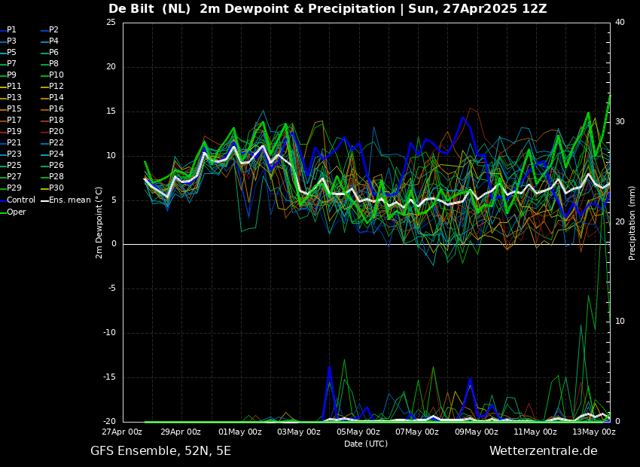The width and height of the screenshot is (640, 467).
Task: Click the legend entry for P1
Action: [11, 30]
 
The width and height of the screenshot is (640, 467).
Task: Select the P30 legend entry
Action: [56, 188]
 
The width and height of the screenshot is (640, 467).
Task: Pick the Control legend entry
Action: [21, 200]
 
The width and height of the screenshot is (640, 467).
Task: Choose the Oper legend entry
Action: [17, 212]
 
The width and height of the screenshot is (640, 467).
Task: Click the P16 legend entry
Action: [56, 109]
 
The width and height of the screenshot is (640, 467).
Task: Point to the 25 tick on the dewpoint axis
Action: [111, 23]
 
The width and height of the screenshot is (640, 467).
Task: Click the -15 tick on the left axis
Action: [109, 377]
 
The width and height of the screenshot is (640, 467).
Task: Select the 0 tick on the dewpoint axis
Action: [113, 244]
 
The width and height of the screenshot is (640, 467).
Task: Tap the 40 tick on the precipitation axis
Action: [620, 23]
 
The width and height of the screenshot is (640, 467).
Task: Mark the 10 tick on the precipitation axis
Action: [620, 322]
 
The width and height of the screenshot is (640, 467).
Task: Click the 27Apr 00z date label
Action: [122, 432]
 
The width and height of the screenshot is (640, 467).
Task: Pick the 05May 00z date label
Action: [358, 432]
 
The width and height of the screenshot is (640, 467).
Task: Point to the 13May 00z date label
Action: [594, 432]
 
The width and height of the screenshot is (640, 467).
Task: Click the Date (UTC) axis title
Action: [366, 444]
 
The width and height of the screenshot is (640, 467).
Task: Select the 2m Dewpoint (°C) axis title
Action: [99, 222]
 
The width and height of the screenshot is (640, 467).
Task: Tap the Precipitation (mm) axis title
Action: [632, 222]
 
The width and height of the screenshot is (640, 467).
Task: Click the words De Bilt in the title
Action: [133, 9]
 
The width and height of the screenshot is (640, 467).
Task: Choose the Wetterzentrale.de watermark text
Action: [543, 451]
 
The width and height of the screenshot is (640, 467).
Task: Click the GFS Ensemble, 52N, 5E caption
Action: [160, 451]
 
